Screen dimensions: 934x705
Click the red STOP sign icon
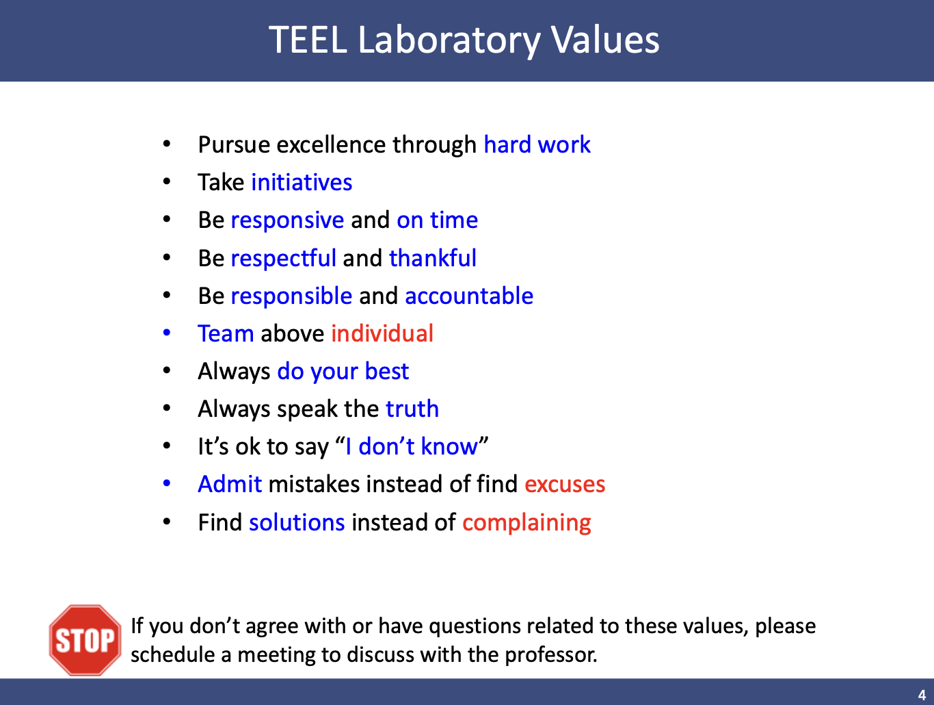point(85,640)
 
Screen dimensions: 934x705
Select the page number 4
point(922,695)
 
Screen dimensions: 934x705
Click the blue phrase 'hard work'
point(537,144)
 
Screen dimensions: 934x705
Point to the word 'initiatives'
point(302,182)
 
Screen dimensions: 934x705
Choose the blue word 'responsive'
point(287,220)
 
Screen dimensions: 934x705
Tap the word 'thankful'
point(433,258)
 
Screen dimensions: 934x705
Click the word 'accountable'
point(469,296)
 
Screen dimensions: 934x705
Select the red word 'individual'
point(382,333)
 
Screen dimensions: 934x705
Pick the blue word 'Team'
point(226,333)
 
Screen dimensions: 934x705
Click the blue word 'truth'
point(412,409)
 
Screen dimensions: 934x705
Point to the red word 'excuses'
point(565,485)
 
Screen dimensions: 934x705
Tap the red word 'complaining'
point(526,523)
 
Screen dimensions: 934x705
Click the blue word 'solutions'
point(297,522)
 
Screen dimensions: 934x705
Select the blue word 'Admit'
point(230,485)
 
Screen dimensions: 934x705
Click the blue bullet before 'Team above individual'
point(167,333)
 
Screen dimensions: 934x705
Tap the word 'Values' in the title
point(604,40)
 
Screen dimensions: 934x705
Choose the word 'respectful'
point(283,259)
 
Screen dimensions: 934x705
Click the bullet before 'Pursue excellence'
point(167,144)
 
